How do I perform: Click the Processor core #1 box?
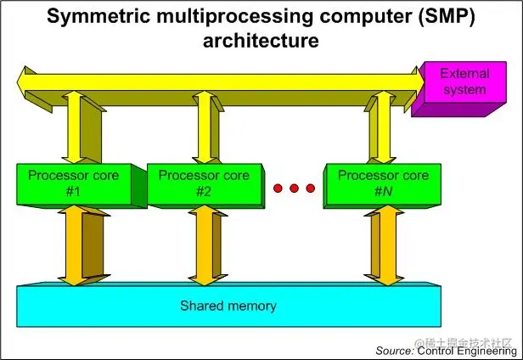click(x=73, y=184)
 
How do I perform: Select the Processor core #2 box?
click(x=204, y=184)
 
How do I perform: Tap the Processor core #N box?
click(x=383, y=184)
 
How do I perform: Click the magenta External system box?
click(x=464, y=82)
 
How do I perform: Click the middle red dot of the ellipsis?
click(x=295, y=188)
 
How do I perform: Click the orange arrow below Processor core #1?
click(x=73, y=245)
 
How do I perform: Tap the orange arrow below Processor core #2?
click(x=204, y=245)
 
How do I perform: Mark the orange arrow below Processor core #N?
click(x=384, y=245)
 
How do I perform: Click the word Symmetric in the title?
click(x=101, y=17)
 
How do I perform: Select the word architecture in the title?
click(x=261, y=40)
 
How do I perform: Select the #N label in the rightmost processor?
click(x=383, y=191)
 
